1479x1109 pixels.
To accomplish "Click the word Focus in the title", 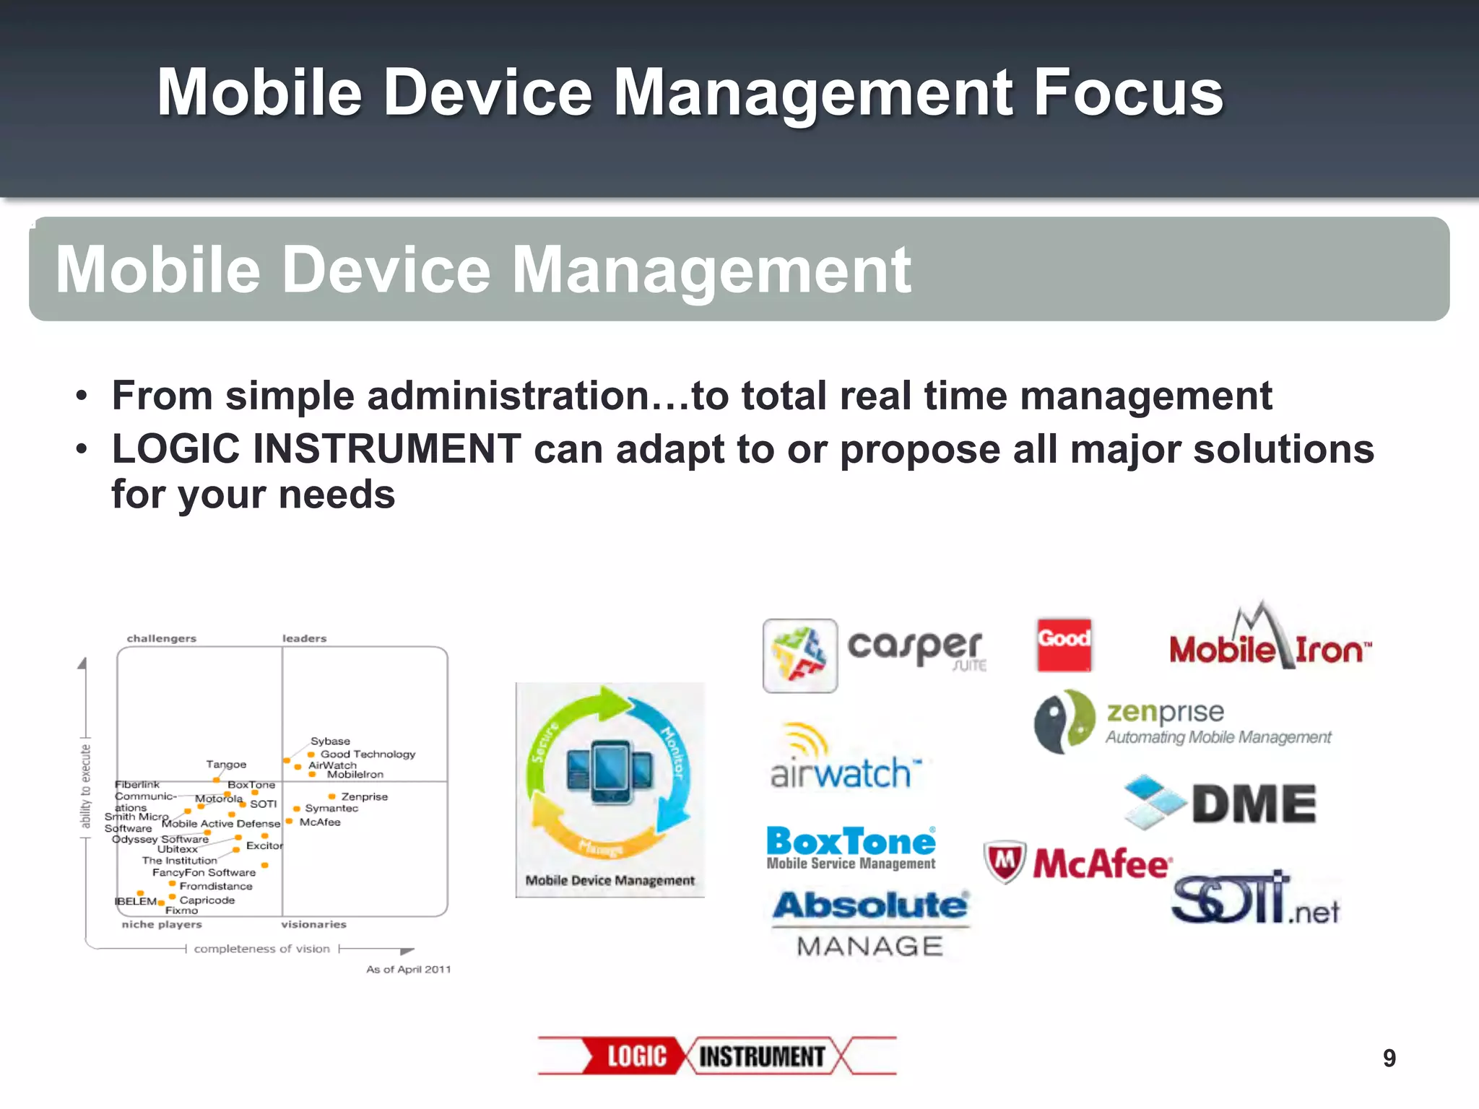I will click(1128, 92).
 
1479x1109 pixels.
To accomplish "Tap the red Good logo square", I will click(1064, 645).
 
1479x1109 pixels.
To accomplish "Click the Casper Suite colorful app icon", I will click(800, 656).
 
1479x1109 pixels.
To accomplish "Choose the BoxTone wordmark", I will click(851, 842).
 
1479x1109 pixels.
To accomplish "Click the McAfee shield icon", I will click(1005, 862).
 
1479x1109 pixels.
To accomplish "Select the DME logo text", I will click(1254, 804).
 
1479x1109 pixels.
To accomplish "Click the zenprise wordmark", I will click(1165, 712).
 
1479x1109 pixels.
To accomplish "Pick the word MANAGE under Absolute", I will click(870, 946).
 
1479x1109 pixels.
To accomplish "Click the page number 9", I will click(1389, 1058).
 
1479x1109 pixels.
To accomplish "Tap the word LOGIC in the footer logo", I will click(636, 1056).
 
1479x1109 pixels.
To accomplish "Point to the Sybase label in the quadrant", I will click(330, 741).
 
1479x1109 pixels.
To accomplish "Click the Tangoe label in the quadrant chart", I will click(226, 764).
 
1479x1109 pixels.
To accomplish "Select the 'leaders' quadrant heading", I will click(304, 638).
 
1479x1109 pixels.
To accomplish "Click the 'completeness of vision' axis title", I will click(261, 949).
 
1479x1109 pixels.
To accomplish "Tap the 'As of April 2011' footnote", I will click(408, 970).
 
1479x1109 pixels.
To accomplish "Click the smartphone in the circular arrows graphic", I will click(610, 773).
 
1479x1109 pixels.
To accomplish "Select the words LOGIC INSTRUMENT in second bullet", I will click(316, 449).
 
